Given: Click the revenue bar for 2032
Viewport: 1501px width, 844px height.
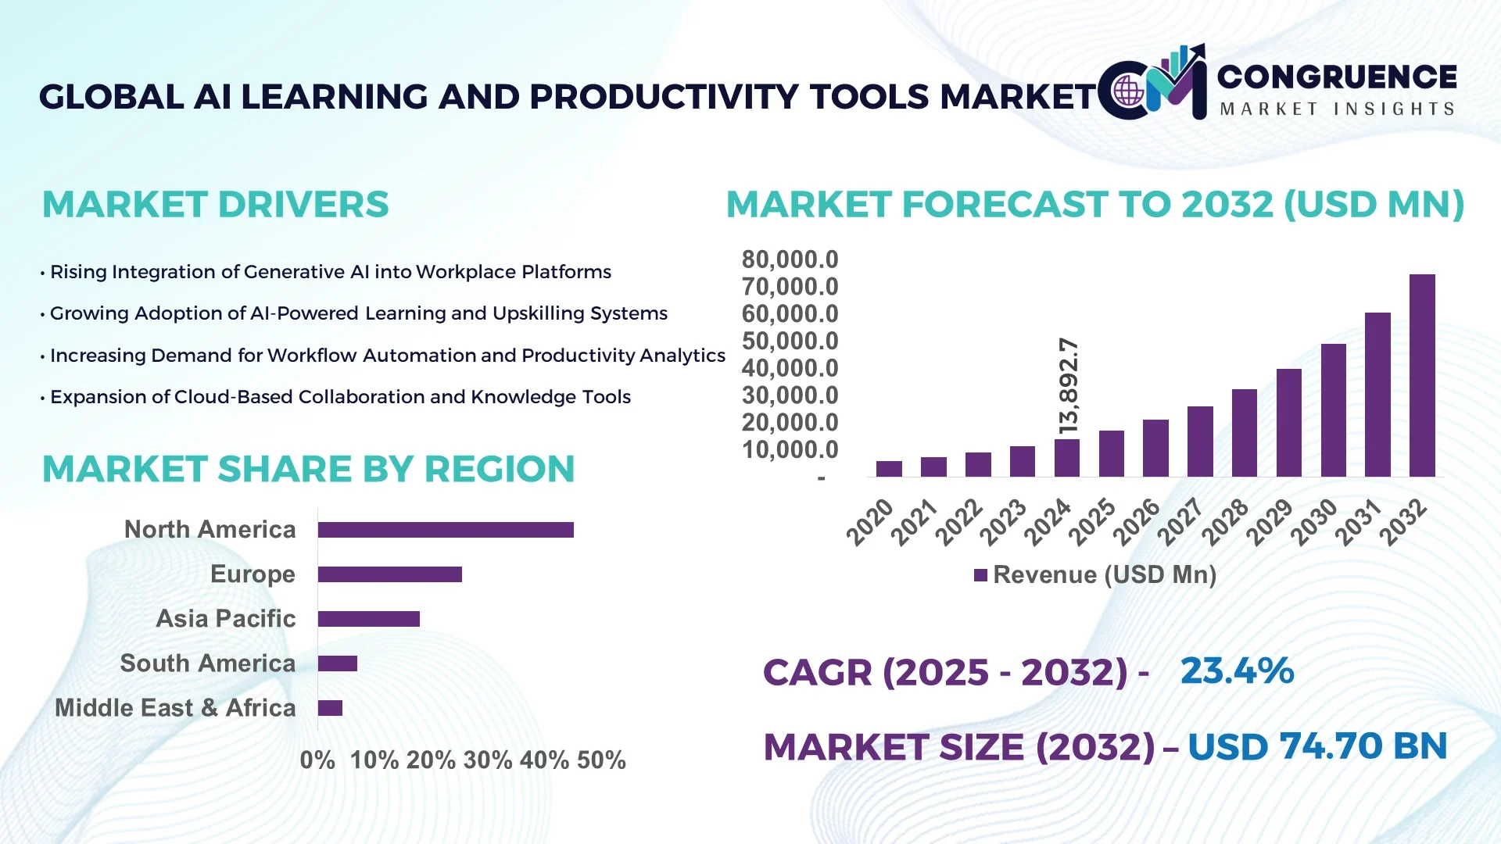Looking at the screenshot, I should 1422,375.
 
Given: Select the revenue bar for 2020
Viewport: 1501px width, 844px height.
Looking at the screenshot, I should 889,469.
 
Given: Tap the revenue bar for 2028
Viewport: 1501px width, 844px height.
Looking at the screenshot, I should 1245,433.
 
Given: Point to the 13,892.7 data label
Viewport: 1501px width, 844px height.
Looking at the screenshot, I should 1068,385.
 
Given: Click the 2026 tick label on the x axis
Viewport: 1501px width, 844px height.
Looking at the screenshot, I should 1137,521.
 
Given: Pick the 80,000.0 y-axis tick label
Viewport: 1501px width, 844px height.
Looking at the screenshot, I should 790,259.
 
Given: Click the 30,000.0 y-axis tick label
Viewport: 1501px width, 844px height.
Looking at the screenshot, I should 790,395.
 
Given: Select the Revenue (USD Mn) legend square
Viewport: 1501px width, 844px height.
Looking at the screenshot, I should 980,575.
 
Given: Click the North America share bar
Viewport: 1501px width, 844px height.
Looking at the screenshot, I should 446,530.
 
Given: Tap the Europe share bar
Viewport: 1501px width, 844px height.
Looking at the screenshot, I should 389,574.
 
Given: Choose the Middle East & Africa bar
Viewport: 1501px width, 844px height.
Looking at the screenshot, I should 330,708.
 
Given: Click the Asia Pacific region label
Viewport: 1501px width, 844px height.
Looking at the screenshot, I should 226,619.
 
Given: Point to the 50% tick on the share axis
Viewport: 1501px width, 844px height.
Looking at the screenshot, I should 601,760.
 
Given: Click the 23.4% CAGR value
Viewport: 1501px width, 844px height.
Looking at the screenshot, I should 1237,671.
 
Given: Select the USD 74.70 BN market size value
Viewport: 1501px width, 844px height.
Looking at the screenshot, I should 1317,746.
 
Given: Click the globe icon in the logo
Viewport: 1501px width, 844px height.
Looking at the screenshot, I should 1128,91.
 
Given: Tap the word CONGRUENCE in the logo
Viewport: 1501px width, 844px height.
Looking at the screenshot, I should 1337,77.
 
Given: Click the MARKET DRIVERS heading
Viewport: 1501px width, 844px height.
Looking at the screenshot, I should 215,205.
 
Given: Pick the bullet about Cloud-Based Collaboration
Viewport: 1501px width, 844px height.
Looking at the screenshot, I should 340,397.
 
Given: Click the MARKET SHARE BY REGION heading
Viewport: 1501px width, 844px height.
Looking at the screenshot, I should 308,469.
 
